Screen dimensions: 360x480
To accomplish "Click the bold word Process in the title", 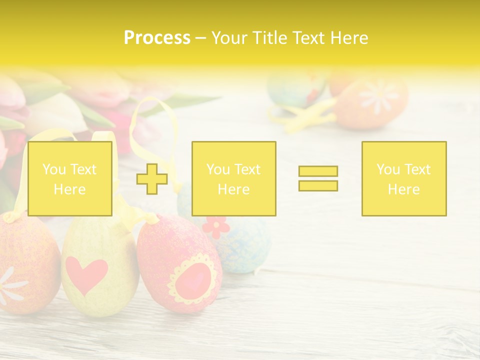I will [157, 38].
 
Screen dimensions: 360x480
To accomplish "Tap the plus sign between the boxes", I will [152, 178].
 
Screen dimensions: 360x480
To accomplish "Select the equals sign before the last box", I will [318, 178].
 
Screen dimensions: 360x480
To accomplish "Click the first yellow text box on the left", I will [69, 178].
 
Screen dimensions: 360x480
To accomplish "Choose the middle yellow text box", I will [233, 178].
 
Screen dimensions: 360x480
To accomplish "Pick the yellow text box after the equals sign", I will [403, 178].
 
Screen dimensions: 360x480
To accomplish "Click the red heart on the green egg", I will [86, 274].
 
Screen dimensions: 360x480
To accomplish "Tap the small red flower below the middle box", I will [216, 226].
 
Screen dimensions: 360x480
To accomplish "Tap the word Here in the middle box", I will [233, 189].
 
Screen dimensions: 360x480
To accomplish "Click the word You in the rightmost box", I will [388, 169].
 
